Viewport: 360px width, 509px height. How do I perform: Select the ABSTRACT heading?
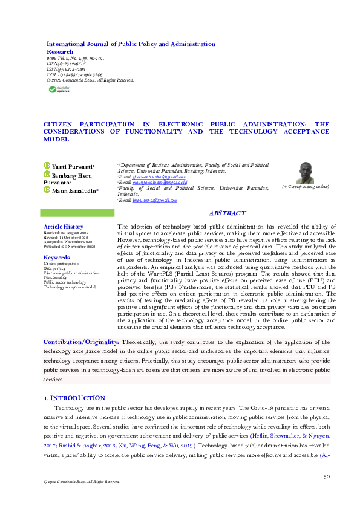(227, 213)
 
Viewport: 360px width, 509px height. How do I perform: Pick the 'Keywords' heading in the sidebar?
(57, 258)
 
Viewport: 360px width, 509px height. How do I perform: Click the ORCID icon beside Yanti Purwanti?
(47, 165)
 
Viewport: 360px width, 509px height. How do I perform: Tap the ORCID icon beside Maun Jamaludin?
(47, 190)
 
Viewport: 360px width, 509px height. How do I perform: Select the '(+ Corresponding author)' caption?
(306, 188)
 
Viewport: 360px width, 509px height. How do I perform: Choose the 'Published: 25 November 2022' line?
(70, 247)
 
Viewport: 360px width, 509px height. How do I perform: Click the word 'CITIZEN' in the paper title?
(59, 123)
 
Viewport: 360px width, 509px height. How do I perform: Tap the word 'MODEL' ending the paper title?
(56, 140)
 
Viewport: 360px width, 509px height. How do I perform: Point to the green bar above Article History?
(73, 213)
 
